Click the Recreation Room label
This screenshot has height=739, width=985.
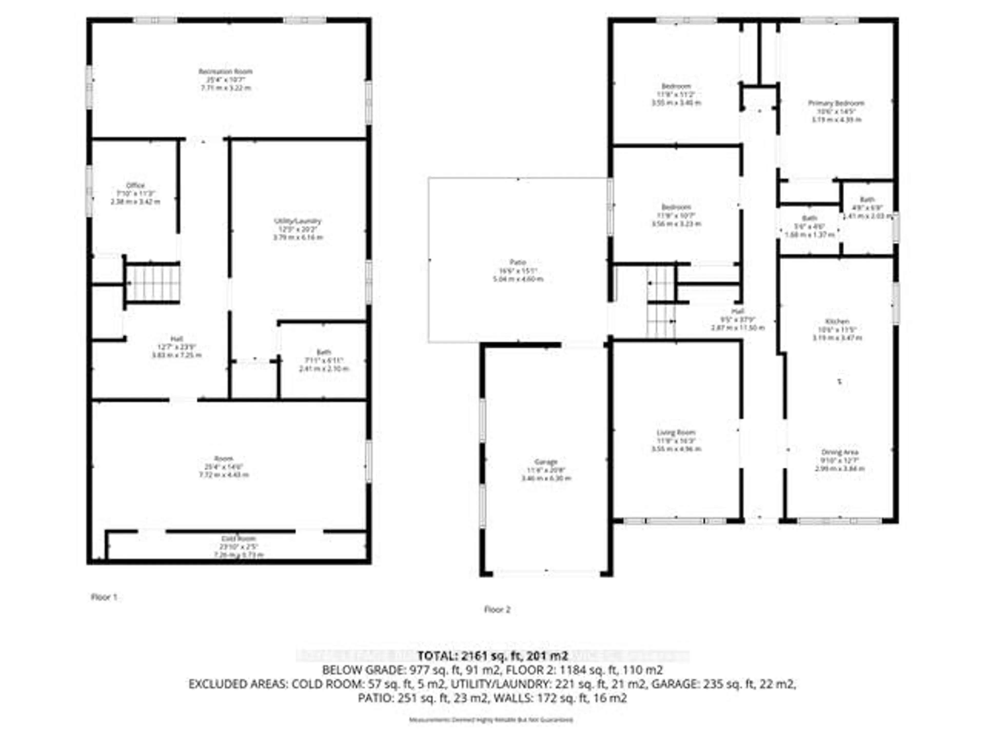click(x=225, y=72)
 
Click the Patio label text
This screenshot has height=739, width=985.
click(x=518, y=262)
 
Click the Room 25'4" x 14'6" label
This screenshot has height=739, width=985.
click(x=223, y=458)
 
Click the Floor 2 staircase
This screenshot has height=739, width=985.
click(x=661, y=303)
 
